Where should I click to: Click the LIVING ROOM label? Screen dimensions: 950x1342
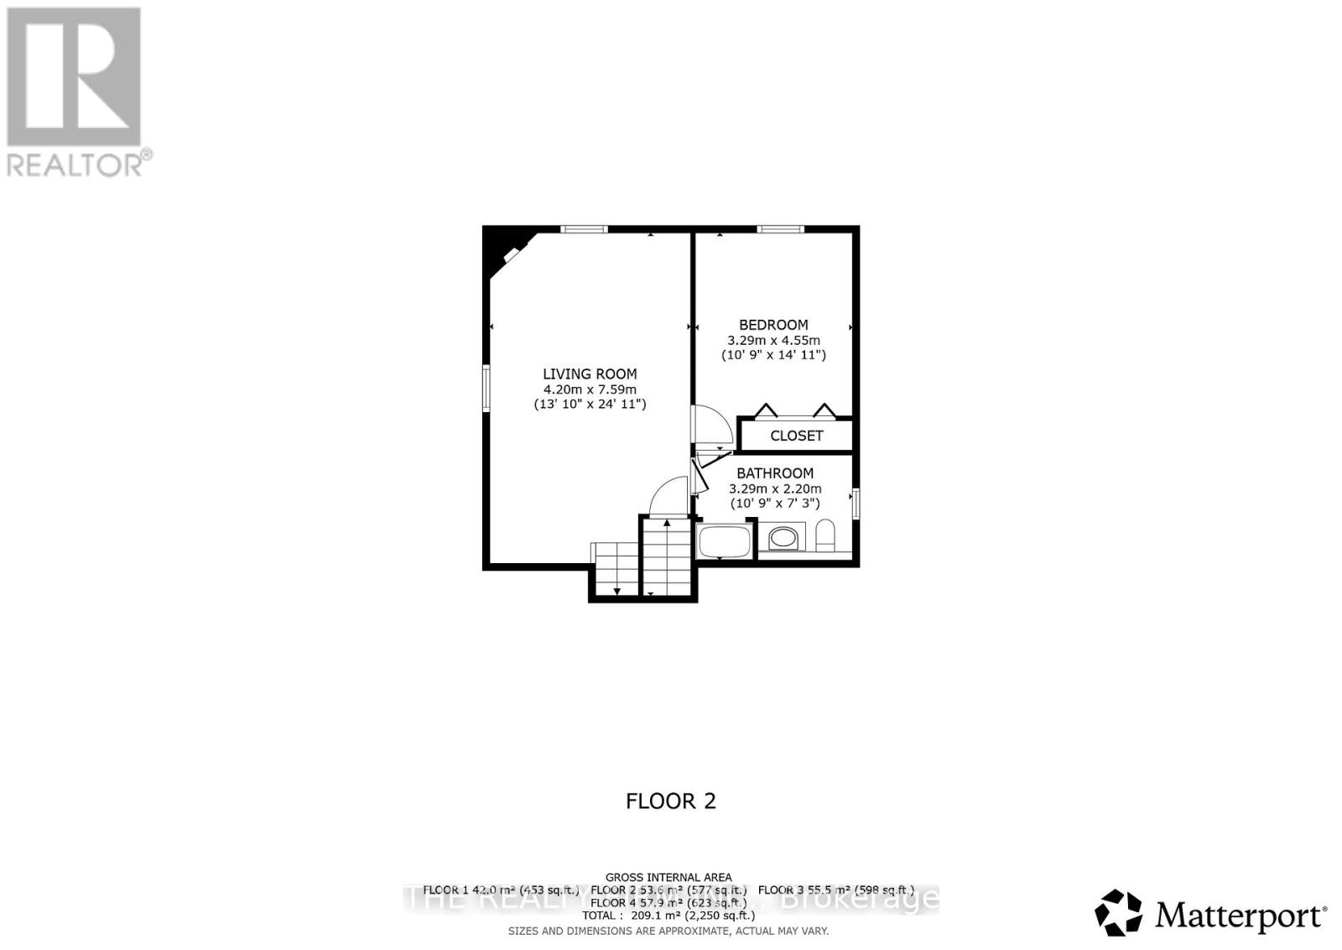tap(590, 374)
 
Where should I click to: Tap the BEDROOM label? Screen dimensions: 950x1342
tap(773, 325)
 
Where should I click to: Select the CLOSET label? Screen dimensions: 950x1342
tap(796, 436)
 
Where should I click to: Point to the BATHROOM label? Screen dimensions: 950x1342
tap(775, 473)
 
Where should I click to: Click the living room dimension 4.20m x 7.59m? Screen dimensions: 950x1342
tap(590, 389)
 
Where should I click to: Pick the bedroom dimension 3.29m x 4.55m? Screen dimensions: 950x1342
tap(773, 341)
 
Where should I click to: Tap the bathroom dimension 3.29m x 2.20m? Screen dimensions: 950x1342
tap(775, 488)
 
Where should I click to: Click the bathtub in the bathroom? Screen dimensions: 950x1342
tap(723, 540)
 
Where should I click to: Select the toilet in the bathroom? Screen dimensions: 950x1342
tap(825, 535)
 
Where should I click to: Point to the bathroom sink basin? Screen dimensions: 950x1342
tap(784, 537)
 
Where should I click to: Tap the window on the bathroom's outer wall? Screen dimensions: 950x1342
tap(856, 504)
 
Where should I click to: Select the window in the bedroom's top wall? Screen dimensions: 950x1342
tap(780, 229)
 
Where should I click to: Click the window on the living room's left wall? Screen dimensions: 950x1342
tap(486, 388)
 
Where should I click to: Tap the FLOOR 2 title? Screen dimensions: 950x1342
tap(671, 801)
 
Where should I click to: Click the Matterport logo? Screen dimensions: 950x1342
tap(1211, 913)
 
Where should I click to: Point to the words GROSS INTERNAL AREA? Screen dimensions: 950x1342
tap(668, 877)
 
